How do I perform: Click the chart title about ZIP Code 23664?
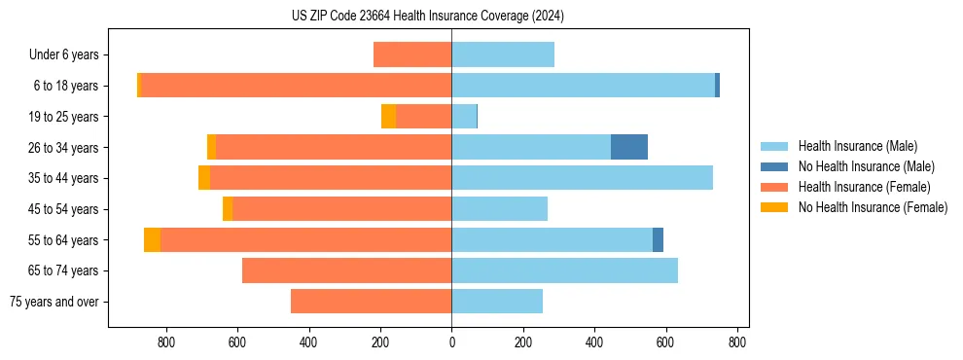click(x=427, y=17)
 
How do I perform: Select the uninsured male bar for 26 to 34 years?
click(x=629, y=147)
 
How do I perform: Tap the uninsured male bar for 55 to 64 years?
click(x=658, y=239)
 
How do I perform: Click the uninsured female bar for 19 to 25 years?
click(x=388, y=117)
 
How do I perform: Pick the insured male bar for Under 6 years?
click(x=503, y=54)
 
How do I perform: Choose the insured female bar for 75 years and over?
click(x=371, y=302)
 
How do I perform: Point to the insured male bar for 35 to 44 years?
click(x=582, y=178)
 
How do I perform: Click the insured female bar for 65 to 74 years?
click(x=346, y=270)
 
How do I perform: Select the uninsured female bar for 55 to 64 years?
click(x=152, y=239)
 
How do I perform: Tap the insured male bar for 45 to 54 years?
click(x=499, y=209)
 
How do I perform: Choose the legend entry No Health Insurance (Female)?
click(x=873, y=207)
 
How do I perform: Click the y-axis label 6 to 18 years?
click(x=70, y=86)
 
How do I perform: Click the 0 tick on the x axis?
click(x=451, y=342)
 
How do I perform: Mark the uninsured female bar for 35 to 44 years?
click(x=204, y=178)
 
